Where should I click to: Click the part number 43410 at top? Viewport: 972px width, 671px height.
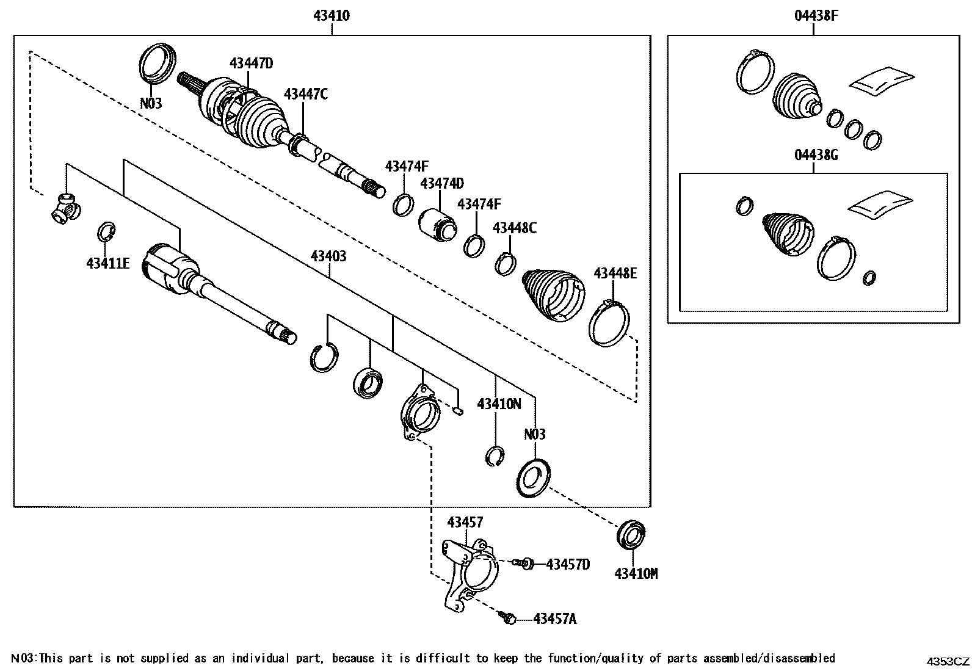point(332,16)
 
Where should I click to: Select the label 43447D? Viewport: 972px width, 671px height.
point(251,63)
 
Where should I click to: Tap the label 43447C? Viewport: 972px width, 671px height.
point(306,94)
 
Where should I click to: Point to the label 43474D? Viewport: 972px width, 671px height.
point(442,183)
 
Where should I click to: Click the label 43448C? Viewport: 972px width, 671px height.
point(515,228)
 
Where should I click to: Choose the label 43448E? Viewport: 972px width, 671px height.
point(615,273)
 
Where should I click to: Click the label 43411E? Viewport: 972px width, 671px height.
point(108,263)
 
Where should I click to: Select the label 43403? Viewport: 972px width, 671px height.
point(328,256)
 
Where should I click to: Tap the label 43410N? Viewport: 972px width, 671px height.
point(499,404)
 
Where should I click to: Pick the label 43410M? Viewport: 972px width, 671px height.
point(636,573)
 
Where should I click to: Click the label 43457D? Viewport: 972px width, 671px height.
point(568,564)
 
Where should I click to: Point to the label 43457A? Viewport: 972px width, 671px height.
point(554,619)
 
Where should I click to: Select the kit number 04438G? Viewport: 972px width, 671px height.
point(816,155)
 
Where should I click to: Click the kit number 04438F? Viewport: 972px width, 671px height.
point(816,16)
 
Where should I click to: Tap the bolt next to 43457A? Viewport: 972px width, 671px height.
point(508,618)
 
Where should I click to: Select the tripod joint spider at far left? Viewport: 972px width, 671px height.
point(64,207)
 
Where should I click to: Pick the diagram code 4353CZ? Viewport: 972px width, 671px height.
point(948,661)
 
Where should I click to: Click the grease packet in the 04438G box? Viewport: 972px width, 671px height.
point(880,203)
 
